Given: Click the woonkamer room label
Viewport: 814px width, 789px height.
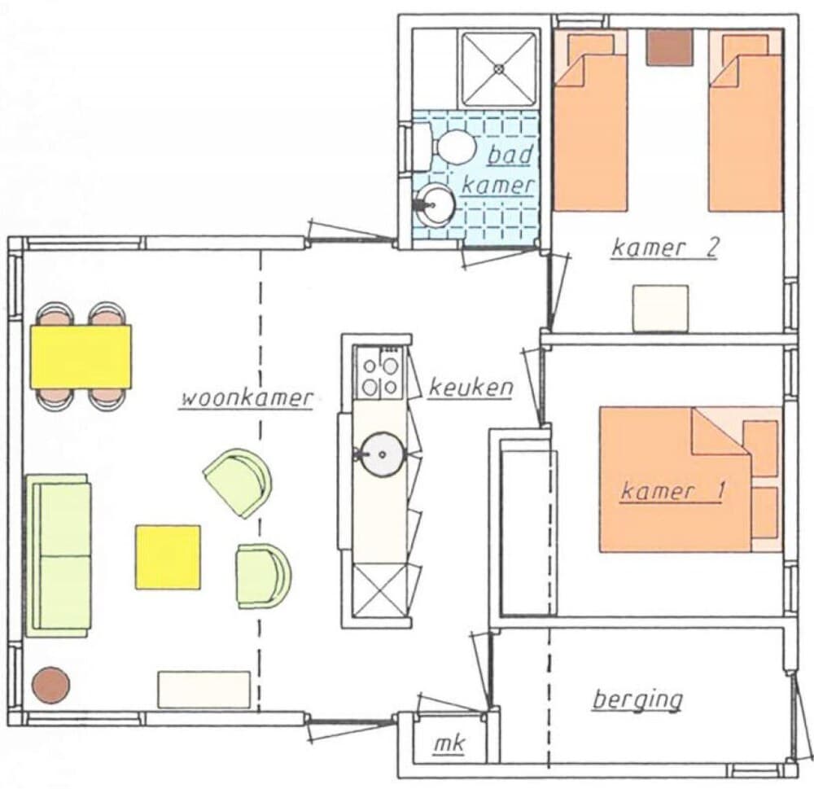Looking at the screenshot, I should [x=247, y=399].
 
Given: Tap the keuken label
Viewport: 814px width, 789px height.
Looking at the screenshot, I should [x=471, y=388].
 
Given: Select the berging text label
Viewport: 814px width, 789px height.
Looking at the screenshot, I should [x=637, y=699].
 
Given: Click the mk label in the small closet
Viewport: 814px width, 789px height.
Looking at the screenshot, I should [x=446, y=744].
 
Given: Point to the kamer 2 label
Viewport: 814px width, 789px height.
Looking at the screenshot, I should [x=664, y=248].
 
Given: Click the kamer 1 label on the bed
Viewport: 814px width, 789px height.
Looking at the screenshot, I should [x=672, y=492].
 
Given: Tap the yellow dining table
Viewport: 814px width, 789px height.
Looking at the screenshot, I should [x=81, y=357].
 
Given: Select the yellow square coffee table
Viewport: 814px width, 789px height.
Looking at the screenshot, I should [x=168, y=557].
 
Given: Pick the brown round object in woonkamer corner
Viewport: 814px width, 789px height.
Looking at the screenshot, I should [x=50, y=685].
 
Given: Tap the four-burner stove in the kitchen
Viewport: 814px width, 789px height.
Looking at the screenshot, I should [x=380, y=373].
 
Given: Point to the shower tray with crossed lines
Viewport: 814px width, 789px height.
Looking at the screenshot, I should [x=497, y=68].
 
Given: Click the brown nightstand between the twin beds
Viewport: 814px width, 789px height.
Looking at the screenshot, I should [x=669, y=48].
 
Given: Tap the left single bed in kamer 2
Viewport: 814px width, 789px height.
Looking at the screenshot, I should [x=590, y=122].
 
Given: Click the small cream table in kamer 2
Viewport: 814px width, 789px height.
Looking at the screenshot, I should [x=660, y=308].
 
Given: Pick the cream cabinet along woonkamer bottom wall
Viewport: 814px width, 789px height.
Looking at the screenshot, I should [x=203, y=690].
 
